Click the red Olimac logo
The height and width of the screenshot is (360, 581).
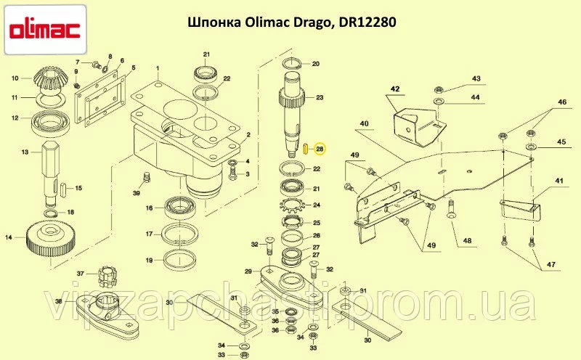[x=45, y=30]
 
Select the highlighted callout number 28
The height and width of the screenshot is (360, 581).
[x=320, y=149]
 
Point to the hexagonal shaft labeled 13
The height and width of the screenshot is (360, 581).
[x=52, y=173]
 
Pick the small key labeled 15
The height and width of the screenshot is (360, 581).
[x=65, y=189]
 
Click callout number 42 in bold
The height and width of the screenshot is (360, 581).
[x=395, y=89]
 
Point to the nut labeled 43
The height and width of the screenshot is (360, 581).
[x=438, y=89]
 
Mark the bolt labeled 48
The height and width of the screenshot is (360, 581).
[x=451, y=209]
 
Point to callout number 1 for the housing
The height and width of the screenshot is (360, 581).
[x=158, y=68]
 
